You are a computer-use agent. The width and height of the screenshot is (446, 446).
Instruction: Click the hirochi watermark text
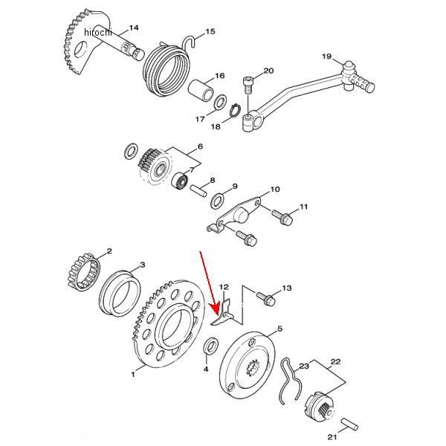[x=98, y=33]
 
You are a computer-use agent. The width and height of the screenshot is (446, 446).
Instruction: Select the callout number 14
[x=134, y=28]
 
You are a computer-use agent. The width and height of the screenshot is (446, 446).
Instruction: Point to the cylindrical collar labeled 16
[x=201, y=90]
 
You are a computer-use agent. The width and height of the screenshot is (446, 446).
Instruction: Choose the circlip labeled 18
[x=235, y=110]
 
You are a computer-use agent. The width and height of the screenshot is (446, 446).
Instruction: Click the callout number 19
[x=327, y=56]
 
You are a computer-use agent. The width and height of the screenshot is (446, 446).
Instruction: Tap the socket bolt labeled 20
[x=248, y=84]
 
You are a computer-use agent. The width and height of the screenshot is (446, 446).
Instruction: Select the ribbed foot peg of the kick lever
[x=363, y=82]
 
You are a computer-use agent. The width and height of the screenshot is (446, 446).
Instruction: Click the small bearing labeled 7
[x=181, y=181]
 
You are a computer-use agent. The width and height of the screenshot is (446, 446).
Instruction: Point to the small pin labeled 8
[x=199, y=190]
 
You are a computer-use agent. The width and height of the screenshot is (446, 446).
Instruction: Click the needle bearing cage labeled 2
[x=85, y=272]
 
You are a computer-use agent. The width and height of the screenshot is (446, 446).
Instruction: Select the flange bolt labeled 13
[x=266, y=298]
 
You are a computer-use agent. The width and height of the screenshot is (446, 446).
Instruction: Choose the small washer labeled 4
[x=211, y=346]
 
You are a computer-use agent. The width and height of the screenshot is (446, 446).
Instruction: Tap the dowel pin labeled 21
[x=350, y=424]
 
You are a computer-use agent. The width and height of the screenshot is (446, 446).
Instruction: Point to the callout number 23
[x=304, y=366]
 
